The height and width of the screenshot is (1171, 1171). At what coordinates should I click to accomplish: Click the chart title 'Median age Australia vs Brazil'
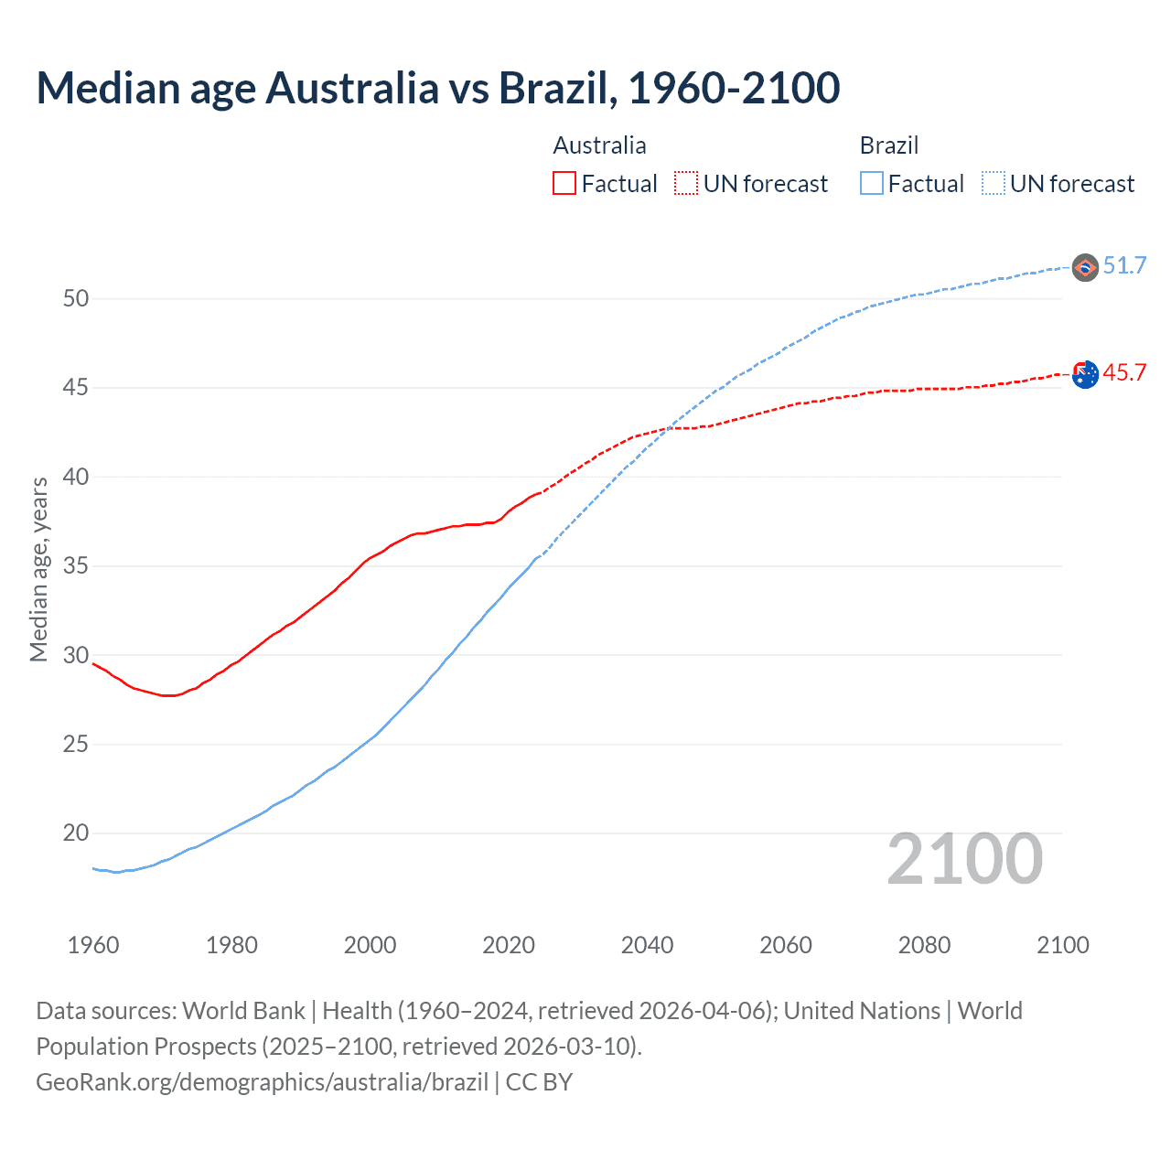(x=437, y=88)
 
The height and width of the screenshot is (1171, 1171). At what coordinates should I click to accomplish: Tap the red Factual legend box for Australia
(x=564, y=184)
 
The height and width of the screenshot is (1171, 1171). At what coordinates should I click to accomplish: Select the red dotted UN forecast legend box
(x=686, y=184)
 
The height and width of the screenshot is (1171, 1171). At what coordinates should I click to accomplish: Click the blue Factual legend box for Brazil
(x=872, y=184)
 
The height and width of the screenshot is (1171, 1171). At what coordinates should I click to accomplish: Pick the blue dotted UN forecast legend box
(x=994, y=184)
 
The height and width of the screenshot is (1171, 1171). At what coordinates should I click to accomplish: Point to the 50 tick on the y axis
(x=76, y=298)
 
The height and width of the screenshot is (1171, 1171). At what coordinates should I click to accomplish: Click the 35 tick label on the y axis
(x=76, y=566)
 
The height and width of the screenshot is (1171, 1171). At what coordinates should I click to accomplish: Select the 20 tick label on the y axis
(x=76, y=833)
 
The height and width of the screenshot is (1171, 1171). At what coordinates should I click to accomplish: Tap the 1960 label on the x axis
(x=93, y=945)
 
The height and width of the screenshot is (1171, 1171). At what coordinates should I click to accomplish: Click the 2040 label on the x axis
(x=647, y=945)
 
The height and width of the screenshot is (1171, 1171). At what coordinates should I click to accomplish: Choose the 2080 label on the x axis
(x=924, y=945)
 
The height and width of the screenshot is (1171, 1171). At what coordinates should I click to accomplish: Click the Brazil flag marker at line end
(x=1085, y=267)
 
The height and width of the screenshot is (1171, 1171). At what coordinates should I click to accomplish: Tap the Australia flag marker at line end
(x=1085, y=374)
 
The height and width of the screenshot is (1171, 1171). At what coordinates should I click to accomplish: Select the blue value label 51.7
(x=1124, y=266)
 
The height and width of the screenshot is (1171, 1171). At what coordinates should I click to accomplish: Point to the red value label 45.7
(x=1124, y=373)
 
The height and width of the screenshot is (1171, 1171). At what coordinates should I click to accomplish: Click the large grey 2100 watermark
(x=964, y=859)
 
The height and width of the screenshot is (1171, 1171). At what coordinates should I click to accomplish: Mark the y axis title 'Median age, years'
(x=38, y=569)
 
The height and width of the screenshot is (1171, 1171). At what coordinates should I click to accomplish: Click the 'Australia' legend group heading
(x=599, y=145)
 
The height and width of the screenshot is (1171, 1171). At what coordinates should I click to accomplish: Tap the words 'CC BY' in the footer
(x=539, y=1082)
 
